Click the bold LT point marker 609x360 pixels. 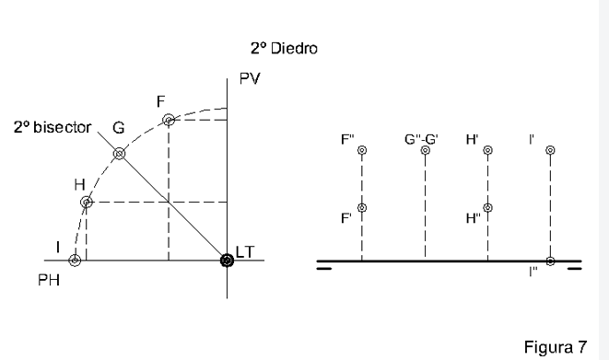click(x=227, y=261)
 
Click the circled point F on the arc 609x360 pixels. click(x=168, y=121)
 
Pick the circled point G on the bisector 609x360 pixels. click(x=119, y=154)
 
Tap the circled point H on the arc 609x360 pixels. click(x=86, y=202)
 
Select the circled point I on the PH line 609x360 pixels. click(x=75, y=261)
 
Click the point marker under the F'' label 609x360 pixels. click(x=362, y=151)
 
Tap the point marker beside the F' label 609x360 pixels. click(x=362, y=208)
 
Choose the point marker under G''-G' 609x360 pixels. click(x=425, y=151)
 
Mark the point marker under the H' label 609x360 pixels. click(x=487, y=151)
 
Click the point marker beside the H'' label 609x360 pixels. click(x=487, y=208)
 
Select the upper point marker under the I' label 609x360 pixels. click(x=550, y=151)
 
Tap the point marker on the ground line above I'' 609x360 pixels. click(x=550, y=261)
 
